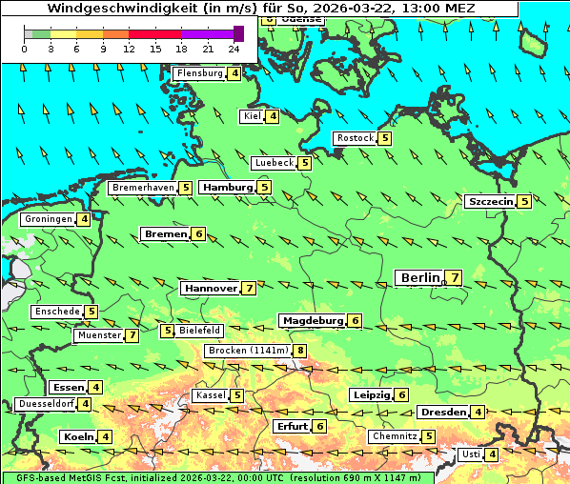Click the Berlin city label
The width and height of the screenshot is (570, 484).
point(419,277)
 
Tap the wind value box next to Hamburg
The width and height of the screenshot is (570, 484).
point(264,188)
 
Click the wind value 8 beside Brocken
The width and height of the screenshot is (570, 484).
point(300,351)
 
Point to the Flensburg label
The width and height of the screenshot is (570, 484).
point(199,73)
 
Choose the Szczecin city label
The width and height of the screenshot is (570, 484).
point(490,201)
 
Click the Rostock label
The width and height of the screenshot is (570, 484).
point(355,138)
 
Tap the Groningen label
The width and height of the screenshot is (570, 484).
point(49,219)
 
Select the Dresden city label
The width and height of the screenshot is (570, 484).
point(442,412)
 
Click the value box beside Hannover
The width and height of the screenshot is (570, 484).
point(249,288)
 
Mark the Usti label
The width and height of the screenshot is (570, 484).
point(470,454)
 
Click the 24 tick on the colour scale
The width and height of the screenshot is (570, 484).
point(234,48)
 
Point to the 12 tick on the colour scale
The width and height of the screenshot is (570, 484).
point(129,48)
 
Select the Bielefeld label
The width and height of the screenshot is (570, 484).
point(199,330)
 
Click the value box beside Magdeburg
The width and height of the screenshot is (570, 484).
point(355,321)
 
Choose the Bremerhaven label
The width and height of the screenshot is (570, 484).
point(143,188)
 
